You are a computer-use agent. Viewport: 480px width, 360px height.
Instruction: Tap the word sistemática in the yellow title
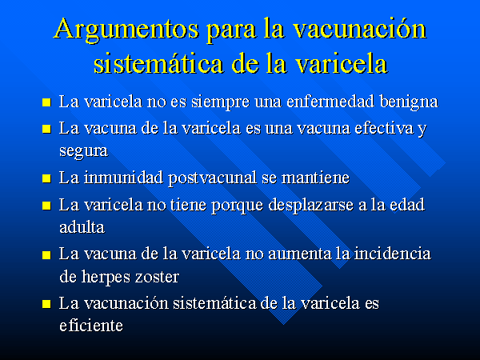[x=158, y=63]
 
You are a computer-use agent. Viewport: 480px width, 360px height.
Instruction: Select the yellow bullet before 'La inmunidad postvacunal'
[x=46, y=178]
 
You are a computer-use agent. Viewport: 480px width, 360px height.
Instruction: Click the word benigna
[x=409, y=102]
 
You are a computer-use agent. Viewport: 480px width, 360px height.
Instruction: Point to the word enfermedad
[x=330, y=102]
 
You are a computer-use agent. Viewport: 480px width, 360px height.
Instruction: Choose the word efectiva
[x=383, y=128]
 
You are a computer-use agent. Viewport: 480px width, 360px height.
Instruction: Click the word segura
[x=83, y=151]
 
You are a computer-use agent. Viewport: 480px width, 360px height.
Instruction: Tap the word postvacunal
[x=213, y=178]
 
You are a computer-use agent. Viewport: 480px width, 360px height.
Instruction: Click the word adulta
[x=82, y=227]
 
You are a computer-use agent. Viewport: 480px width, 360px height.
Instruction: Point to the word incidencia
[x=393, y=254]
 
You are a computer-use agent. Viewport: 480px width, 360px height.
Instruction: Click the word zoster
[x=157, y=278]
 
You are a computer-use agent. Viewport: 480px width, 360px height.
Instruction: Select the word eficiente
[x=91, y=326]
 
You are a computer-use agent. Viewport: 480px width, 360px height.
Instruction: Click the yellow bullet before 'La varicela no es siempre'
[x=46, y=102]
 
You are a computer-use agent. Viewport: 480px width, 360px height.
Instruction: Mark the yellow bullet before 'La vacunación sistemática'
[x=46, y=304]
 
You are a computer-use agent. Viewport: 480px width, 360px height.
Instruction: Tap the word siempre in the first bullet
[x=221, y=102]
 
